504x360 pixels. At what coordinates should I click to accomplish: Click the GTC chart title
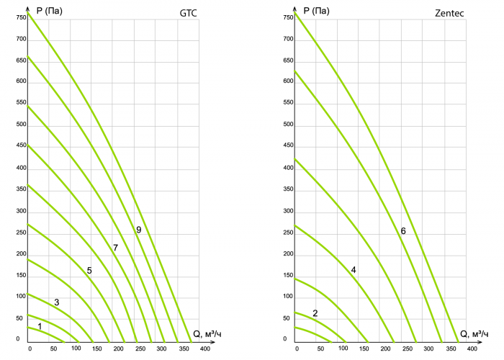188,13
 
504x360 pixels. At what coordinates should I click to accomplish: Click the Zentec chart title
449,13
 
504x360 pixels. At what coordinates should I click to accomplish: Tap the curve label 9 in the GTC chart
138,230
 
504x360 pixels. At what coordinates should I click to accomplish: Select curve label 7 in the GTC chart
115,248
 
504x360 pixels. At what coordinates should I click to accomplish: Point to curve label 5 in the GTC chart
89,271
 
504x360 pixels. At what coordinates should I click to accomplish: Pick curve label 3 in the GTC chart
57,302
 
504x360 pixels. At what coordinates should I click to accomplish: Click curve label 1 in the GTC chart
40,327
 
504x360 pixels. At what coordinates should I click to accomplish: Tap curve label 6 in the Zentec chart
403,231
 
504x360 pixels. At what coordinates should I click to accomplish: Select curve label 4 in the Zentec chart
354,270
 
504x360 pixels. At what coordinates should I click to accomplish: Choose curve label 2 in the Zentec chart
315,313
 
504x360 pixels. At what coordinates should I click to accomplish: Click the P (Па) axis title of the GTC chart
50,11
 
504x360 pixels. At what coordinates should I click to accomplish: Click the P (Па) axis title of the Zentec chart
317,11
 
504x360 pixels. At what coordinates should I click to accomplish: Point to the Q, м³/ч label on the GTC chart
207,334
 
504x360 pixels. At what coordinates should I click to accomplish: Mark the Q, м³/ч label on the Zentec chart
474,334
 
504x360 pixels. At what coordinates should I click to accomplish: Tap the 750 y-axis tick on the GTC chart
21,17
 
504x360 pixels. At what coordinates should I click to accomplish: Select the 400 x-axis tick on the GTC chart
205,348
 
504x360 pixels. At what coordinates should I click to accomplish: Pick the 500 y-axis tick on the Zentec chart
288,125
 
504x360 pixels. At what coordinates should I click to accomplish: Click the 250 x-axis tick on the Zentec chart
408,348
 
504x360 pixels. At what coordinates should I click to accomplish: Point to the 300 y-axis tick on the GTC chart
21,211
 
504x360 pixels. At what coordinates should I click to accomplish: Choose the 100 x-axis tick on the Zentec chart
343,348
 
